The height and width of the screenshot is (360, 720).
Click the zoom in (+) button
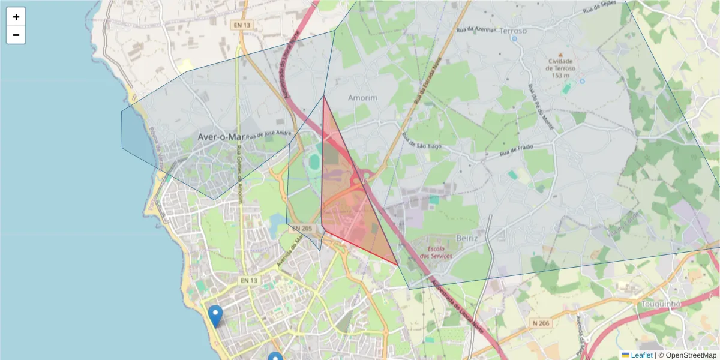click(x=16, y=17)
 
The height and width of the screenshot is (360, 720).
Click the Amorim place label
click(x=362, y=98)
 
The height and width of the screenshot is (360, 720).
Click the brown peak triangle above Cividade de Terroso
click(x=560, y=53)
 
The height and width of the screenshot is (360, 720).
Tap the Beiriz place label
click(x=467, y=238)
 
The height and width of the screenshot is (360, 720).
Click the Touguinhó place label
click(x=659, y=304)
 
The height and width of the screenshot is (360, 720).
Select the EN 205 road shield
click(x=302, y=229)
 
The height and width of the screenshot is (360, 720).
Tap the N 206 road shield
click(x=541, y=323)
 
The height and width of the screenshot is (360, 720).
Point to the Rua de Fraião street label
click(x=517, y=152)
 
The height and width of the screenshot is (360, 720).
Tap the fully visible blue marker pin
click(x=215, y=315)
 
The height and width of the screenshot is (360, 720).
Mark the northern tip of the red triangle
click(x=323, y=96)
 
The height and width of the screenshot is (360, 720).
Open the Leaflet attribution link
click(x=641, y=355)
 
